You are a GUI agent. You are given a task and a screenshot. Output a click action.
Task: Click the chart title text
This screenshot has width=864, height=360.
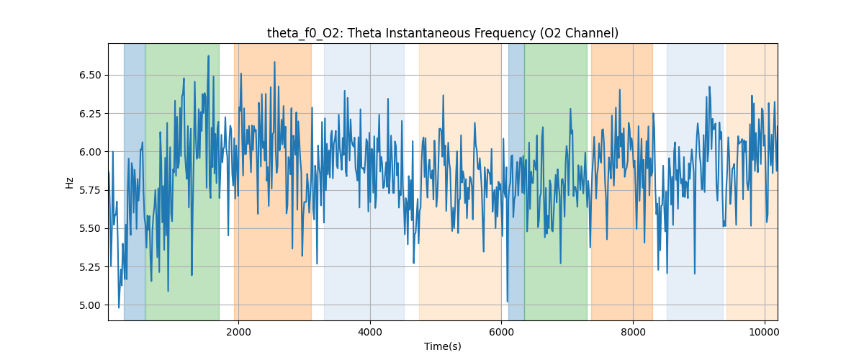click(x=442, y=33)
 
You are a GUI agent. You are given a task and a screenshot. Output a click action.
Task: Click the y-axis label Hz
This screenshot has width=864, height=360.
click(x=70, y=183)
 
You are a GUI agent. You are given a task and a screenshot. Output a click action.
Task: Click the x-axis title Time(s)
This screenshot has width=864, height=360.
click(x=442, y=346)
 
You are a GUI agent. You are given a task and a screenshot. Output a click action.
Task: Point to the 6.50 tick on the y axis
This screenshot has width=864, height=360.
click(x=91, y=75)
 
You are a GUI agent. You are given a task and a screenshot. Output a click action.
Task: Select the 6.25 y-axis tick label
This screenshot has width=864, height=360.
click(x=91, y=113)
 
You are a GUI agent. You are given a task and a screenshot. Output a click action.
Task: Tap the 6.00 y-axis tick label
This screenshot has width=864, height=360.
click(x=91, y=152)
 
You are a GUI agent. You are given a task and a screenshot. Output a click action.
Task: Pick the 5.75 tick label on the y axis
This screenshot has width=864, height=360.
click(x=91, y=190)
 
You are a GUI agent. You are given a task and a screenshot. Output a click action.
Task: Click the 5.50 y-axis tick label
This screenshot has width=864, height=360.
click(x=91, y=228)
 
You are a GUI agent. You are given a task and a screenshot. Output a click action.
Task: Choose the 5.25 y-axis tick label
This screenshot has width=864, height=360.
click(x=91, y=266)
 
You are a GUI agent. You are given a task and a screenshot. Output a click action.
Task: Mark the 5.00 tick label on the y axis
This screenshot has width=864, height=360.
click(x=91, y=305)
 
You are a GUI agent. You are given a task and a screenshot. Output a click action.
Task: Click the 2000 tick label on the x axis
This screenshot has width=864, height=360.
click(x=238, y=332)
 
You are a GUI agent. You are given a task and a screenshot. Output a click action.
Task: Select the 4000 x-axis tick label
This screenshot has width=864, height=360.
click(x=370, y=332)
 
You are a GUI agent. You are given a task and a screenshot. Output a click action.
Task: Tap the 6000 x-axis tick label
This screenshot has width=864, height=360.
click(x=501, y=332)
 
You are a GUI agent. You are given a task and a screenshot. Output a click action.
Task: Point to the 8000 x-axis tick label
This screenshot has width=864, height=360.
click(x=633, y=332)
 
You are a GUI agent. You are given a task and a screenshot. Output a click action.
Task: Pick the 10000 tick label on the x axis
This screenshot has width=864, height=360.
click(x=765, y=332)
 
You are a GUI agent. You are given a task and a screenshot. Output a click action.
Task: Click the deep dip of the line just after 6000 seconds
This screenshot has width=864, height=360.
click(x=508, y=301)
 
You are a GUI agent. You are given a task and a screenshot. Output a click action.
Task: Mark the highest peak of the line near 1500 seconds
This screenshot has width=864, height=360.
click(x=208, y=56)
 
